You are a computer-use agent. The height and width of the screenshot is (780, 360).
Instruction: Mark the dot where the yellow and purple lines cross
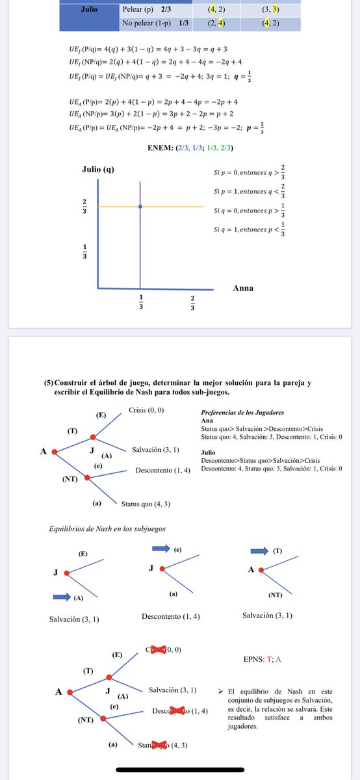(x=140, y=206)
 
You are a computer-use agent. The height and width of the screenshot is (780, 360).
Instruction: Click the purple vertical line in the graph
(x=140, y=247)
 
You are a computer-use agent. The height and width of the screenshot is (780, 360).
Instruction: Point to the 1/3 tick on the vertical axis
(x=84, y=251)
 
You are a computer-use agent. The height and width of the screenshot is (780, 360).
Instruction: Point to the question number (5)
(x=49, y=383)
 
